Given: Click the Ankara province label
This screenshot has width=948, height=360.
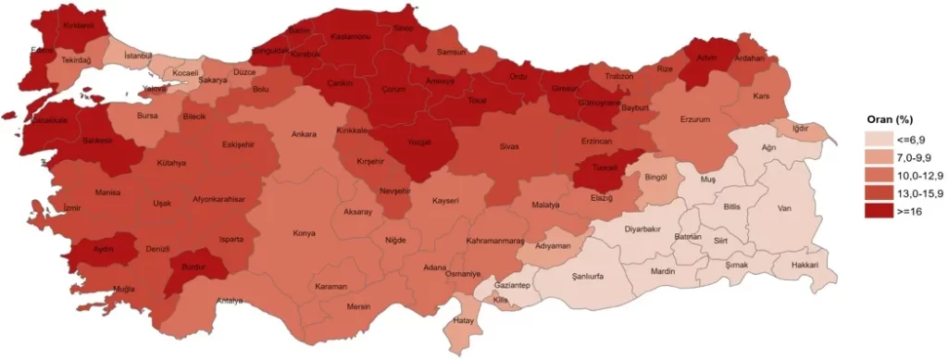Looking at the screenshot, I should (304, 134).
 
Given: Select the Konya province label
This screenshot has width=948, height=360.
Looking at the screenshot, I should (304, 233).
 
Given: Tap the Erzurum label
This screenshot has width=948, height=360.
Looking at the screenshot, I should (693, 120).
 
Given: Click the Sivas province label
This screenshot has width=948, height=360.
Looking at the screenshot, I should (510, 147).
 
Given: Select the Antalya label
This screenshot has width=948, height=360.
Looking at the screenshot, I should (230, 301).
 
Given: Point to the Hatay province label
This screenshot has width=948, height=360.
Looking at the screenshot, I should (463, 321).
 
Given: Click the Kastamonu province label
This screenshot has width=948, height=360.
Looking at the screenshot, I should (352, 36).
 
